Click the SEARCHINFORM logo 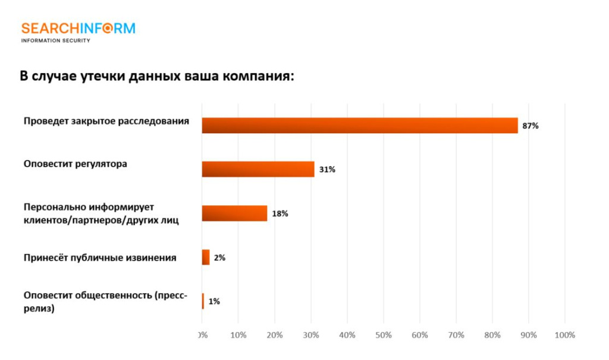coord(78,29)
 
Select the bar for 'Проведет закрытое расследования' coord(359,126)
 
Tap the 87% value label coord(530,126)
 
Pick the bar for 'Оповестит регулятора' coord(258,170)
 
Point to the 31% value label coord(327,170)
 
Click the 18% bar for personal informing coord(234,213)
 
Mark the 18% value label coord(280,214)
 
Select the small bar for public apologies coord(206,257)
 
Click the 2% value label coord(219,258)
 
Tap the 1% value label coord(214,302)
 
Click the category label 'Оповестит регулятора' coord(75,164)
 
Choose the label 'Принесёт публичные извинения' coord(100,258)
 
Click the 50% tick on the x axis coord(384,335)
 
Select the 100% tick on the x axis coord(564,335)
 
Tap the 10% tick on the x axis coord(238,335)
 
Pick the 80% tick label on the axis coord(492,335)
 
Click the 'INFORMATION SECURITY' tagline coord(55,40)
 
